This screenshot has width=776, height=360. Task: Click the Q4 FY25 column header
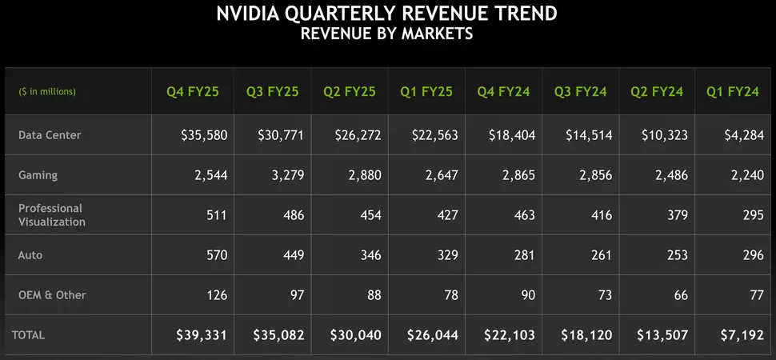tap(190, 92)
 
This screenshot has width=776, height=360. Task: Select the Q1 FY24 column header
tap(732, 92)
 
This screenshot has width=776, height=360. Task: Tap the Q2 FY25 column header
tap(349, 92)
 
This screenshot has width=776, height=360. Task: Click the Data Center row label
tap(50, 135)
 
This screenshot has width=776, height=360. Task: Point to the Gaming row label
tap(38, 175)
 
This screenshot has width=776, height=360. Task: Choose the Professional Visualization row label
tap(52, 214)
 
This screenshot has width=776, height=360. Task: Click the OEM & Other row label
tap(52, 295)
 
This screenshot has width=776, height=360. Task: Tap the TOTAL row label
tap(28, 334)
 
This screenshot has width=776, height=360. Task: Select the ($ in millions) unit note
tap(47, 92)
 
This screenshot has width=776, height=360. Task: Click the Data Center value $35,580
tap(204, 135)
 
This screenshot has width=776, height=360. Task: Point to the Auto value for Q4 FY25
tap(216, 255)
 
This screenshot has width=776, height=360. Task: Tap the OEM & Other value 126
tap(216, 295)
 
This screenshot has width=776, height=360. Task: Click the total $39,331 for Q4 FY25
tap(202, 334)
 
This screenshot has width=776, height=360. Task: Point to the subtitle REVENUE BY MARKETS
tap(387, 34)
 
